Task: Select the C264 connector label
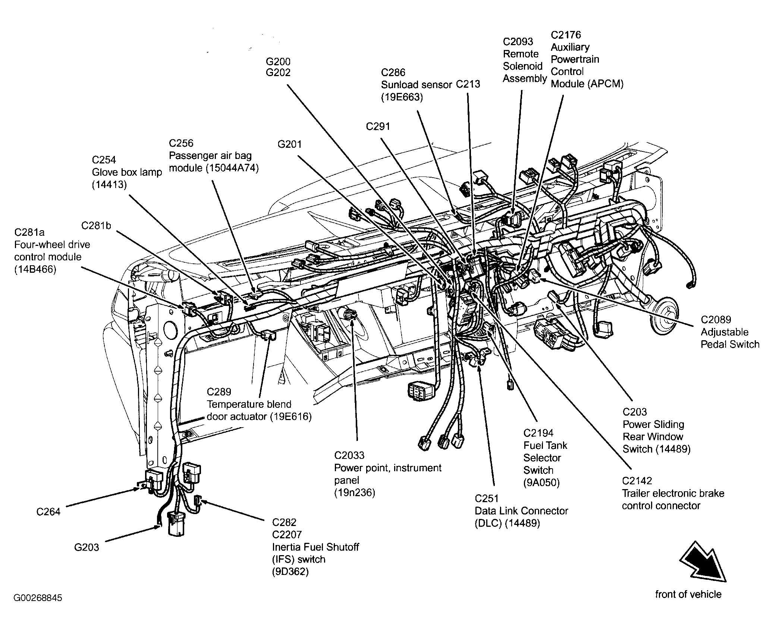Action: [48, 511]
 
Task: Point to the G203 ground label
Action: [87, 547]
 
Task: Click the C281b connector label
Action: [96, 226]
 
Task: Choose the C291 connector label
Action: [378, 126]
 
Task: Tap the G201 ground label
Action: [290, 144]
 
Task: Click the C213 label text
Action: [468, 84]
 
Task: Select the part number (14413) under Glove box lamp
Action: [109, 185]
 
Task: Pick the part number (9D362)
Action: [290, 572]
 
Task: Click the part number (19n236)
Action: [355, 492]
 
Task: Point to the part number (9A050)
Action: [541, 483]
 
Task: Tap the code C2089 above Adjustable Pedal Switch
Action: [716, 320]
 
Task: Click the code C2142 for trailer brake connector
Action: [637, 481]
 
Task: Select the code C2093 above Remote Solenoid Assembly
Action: [518, 41]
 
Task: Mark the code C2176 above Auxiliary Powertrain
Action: [566, 35]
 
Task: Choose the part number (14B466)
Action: [35, 269]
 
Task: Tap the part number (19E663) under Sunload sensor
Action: [402, 97]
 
